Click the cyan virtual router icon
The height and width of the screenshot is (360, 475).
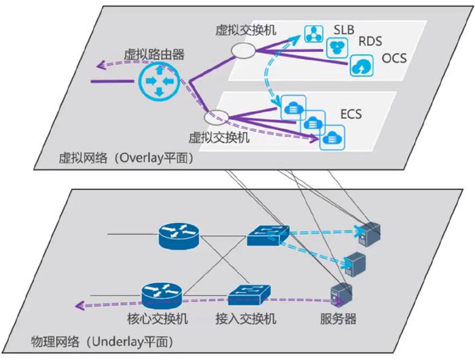point(159,81)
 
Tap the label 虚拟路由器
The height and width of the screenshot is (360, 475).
point(153,54)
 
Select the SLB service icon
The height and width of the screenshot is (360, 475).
point(313,34)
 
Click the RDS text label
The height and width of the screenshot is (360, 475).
point(370,41)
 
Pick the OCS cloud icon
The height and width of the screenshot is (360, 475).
point(362,65)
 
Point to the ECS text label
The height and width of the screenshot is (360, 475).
point(351,114)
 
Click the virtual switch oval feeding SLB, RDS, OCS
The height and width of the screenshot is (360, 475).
point(244,51)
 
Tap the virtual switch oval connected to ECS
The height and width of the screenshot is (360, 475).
point(216,117)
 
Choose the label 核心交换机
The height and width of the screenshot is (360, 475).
point(157,319)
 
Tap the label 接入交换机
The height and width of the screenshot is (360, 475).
point(246,319)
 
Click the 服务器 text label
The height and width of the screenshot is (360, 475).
point(338,319)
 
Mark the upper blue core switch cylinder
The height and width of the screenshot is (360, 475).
point(179,236)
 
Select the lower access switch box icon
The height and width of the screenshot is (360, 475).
point(249,295)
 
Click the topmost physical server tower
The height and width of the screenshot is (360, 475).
point(369,234)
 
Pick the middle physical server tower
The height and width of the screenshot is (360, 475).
point(356,264)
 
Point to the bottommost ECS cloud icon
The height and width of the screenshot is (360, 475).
point(332,138)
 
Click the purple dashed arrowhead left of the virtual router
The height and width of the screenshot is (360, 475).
point(101,64)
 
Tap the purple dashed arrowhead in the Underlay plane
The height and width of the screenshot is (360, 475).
point(79,306)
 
